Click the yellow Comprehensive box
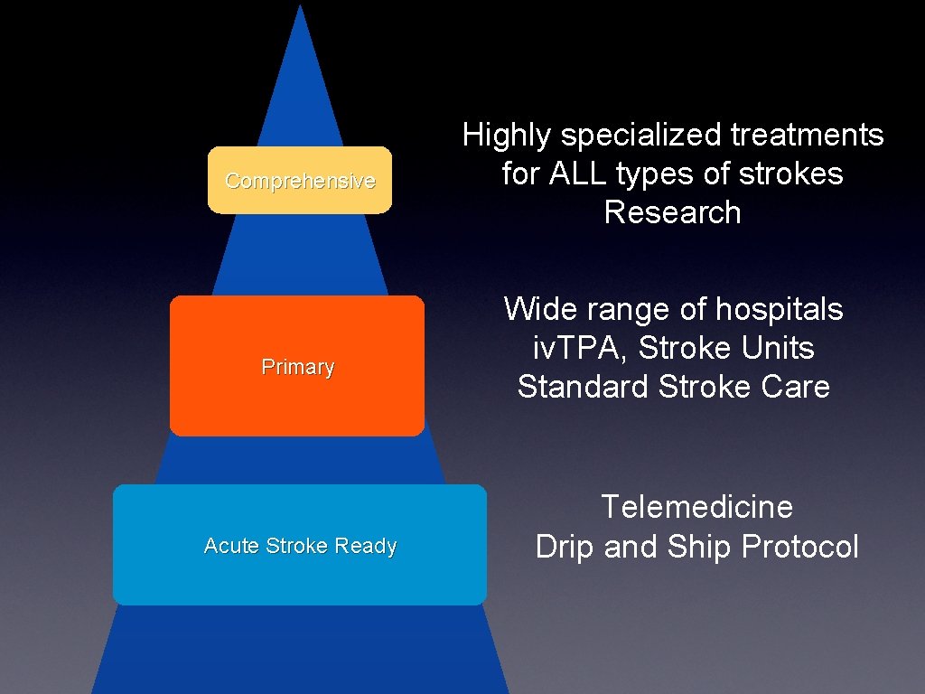(x=299, y=181)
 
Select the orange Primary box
(x=297, y=367)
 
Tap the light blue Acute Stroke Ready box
(x=299, y=546)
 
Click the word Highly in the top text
(x=507, y=136)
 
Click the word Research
(x=672, y=212)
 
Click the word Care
(x=795, y=387)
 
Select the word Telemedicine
(x=696, y=507)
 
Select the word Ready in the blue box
(x=366, y=546)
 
